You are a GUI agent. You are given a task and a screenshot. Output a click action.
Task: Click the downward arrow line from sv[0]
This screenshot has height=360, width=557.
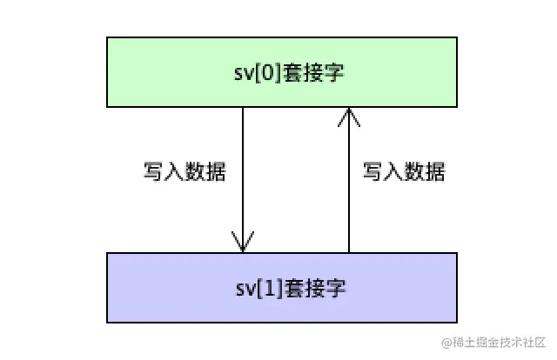(243, 174)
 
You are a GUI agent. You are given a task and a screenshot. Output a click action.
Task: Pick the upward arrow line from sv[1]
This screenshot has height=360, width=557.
(349, 183)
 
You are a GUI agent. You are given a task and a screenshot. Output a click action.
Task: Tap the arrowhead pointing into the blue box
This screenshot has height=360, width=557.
(243, 242)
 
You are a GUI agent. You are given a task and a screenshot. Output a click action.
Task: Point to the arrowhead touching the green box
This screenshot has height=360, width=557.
(349, 116)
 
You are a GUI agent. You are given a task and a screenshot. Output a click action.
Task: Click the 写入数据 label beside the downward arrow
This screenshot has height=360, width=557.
(185, 171)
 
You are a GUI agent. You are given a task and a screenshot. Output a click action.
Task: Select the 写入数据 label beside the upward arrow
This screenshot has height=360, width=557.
(404, 171)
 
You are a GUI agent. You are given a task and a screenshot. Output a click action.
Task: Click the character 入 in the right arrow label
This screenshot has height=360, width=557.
(393, 171)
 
